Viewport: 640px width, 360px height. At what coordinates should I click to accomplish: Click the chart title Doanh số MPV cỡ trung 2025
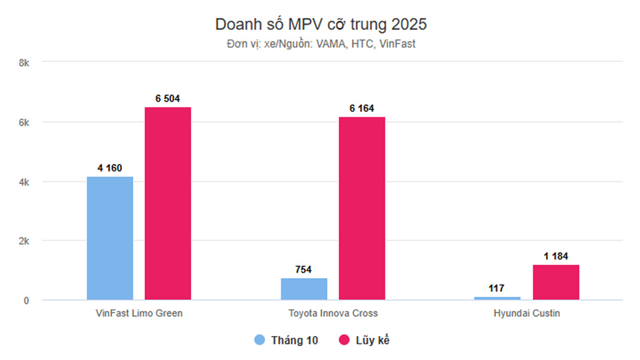coord(321,25)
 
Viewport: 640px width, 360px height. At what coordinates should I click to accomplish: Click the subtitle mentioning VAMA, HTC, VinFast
coord(321,44)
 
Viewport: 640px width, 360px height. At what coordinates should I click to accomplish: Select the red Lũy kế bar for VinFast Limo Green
coord(168,203)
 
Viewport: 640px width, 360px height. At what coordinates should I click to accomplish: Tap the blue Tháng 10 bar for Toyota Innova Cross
coord(304,289)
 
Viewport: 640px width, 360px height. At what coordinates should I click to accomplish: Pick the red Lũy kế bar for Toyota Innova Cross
coord(362,208)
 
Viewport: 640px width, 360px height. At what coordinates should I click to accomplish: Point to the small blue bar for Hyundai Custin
coord(498,298)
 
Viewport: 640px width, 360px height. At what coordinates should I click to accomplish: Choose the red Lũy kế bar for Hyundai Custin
coord(556,282)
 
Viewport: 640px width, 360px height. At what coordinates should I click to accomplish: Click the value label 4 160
coord(110,168)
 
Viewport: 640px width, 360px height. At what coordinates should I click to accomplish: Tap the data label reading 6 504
coord(168,99)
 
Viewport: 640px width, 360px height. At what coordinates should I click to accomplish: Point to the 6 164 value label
coord(362,109)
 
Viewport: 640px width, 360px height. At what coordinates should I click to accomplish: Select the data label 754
coord(304,269)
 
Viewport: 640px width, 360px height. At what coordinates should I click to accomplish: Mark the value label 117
coord(498,288)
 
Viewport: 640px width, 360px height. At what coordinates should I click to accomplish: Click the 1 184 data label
coord(556,256)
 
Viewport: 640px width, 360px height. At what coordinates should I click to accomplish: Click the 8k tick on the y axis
coord(25,63)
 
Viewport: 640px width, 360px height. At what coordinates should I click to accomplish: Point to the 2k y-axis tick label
coord(25,241)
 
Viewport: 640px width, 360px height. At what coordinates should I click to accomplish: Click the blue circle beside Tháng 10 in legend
coord(260,340)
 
